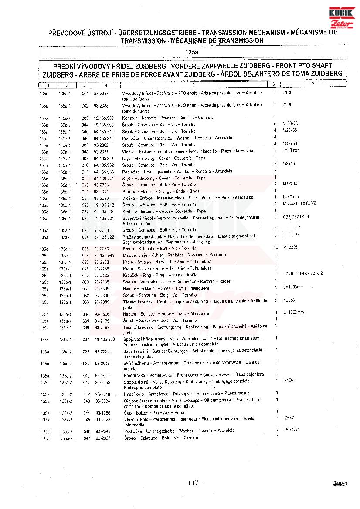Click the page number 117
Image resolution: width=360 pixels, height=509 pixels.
[x=193, y=483]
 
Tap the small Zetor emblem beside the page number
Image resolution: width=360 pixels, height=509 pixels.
[x=339, y=483]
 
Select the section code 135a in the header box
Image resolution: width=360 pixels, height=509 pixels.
[x=191, y=52]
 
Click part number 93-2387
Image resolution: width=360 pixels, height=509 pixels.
[x=101, y=93]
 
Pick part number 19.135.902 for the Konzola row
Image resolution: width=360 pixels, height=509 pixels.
[x=104, y=118]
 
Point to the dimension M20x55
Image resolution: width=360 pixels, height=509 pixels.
[x=290, y=131]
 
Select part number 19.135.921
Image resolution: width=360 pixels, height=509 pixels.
[x=104, y=218]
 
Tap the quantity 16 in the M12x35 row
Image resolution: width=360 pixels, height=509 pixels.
[x=275, y=247]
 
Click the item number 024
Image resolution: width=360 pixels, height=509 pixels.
[x=85, y=237]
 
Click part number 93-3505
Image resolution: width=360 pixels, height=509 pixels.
[x=102, y=288]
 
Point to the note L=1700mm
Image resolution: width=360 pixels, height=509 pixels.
[x=294, y=313]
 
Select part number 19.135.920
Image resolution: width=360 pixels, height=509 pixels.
[x=105, y=339]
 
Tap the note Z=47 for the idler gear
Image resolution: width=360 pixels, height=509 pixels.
[x=289, y=417]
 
